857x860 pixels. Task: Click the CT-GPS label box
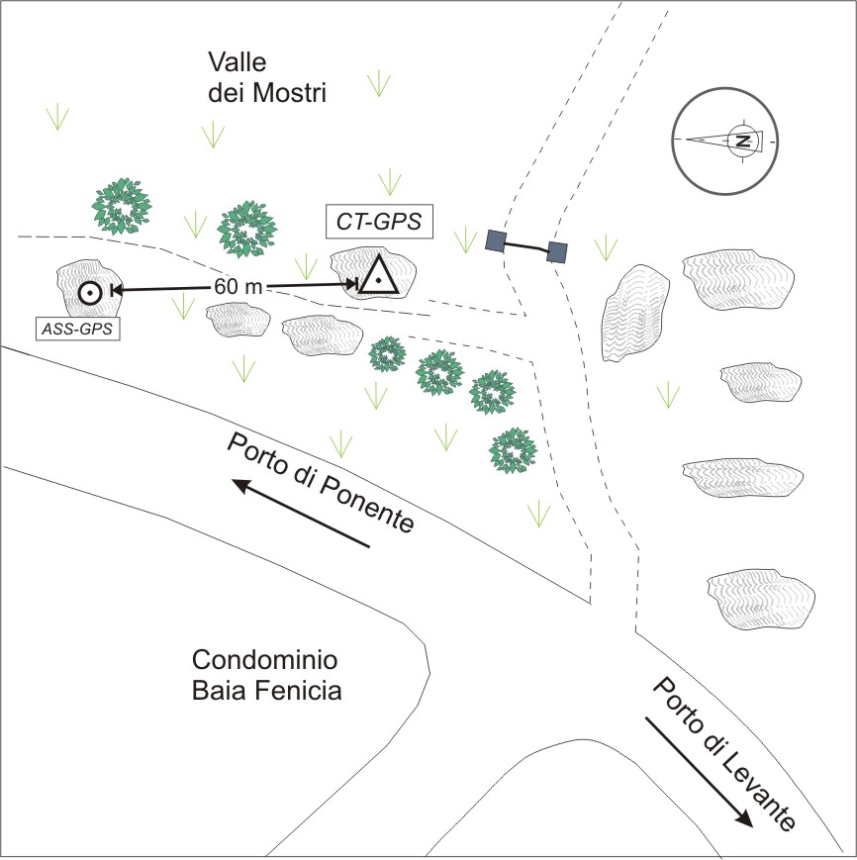click(x=379, y=222)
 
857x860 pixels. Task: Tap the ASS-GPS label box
click(x=77, y=328)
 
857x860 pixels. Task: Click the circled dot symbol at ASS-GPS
click(x=89, y=292)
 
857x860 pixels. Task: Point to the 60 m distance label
click(x=238, y=287)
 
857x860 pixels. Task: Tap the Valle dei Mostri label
click(x=266, y=77)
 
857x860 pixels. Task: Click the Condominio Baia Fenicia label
click(x=266, y=675)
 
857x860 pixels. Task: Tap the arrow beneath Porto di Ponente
click(x=301, y=514)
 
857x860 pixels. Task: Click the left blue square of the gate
click(x=496, y=240)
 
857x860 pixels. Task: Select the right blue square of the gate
click(x=558, y=252)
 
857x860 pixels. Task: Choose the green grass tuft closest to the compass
click(x=603, y=248)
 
